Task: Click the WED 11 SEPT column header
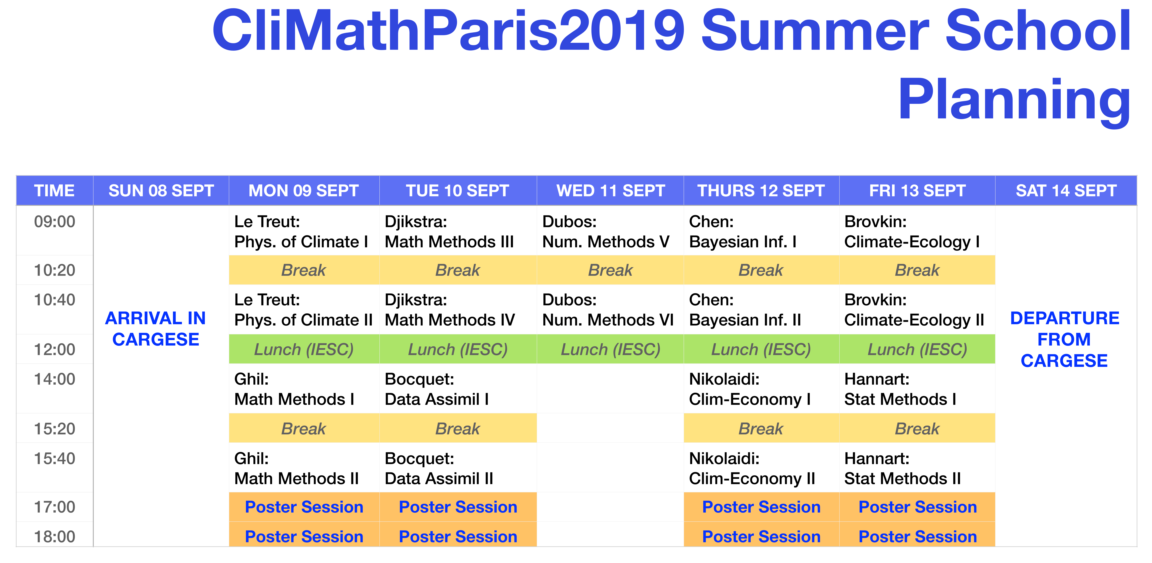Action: point(610,190)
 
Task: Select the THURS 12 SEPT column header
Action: point(761,190)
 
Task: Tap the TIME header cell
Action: point(55,190)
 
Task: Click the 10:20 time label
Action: point(55,270)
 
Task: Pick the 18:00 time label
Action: point(55,536)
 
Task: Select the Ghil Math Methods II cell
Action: point(304,468)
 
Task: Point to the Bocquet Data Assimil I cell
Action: point(458,389)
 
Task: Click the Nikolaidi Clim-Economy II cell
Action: point(761,468)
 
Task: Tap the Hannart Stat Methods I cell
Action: point(917,389)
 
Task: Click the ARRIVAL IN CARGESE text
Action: point(156,329)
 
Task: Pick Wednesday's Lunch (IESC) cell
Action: point(610,349)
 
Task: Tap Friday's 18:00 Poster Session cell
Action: point(917,536)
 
